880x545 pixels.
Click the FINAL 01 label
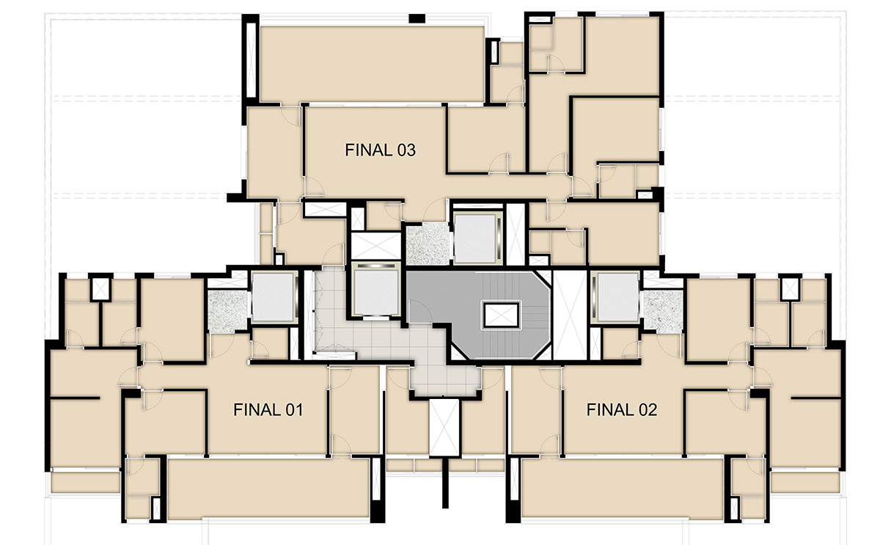coord(268,410)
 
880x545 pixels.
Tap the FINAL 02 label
coord(622,410)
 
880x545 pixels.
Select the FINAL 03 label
coord(380,150)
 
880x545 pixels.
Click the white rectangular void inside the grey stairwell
coord(501,315)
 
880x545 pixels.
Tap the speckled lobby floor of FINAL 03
coord(428,244)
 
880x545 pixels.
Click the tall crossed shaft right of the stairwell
coord(570,315)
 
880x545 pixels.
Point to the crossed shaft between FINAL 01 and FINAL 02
coord(444,428)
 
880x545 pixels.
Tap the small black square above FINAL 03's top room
coord(417,18)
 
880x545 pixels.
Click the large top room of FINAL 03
coord(372,64)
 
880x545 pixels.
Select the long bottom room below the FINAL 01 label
coord(268,488)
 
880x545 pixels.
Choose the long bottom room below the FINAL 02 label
coord(623,488)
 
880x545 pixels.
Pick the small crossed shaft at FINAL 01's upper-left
coord(100,289)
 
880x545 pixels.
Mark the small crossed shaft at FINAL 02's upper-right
coord(790,289)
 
